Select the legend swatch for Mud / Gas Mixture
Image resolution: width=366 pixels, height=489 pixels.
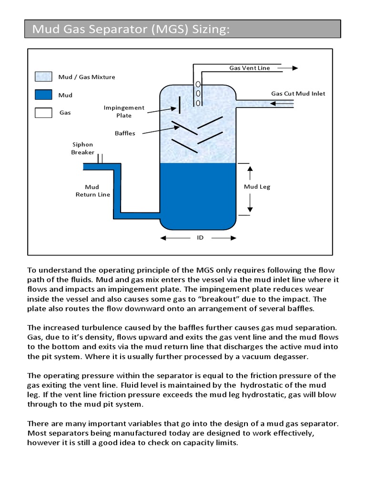click(43, 77)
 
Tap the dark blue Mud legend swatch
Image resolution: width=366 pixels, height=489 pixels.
click(43, 95)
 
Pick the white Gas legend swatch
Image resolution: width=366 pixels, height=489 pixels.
click(43, 113)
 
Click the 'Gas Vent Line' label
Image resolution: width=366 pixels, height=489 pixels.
click(249, 68)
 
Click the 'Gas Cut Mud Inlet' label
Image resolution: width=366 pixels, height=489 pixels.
click(298, 94)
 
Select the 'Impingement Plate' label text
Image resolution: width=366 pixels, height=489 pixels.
click(124, 112)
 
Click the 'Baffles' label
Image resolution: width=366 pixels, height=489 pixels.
click(125, 133)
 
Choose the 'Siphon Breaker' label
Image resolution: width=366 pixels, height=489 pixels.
click(82, 149)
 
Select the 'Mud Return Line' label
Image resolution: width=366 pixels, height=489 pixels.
click(92, 191)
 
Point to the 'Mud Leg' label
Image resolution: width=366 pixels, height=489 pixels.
click(257, 187)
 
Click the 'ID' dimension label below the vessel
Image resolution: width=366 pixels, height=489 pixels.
click(200, 237)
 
